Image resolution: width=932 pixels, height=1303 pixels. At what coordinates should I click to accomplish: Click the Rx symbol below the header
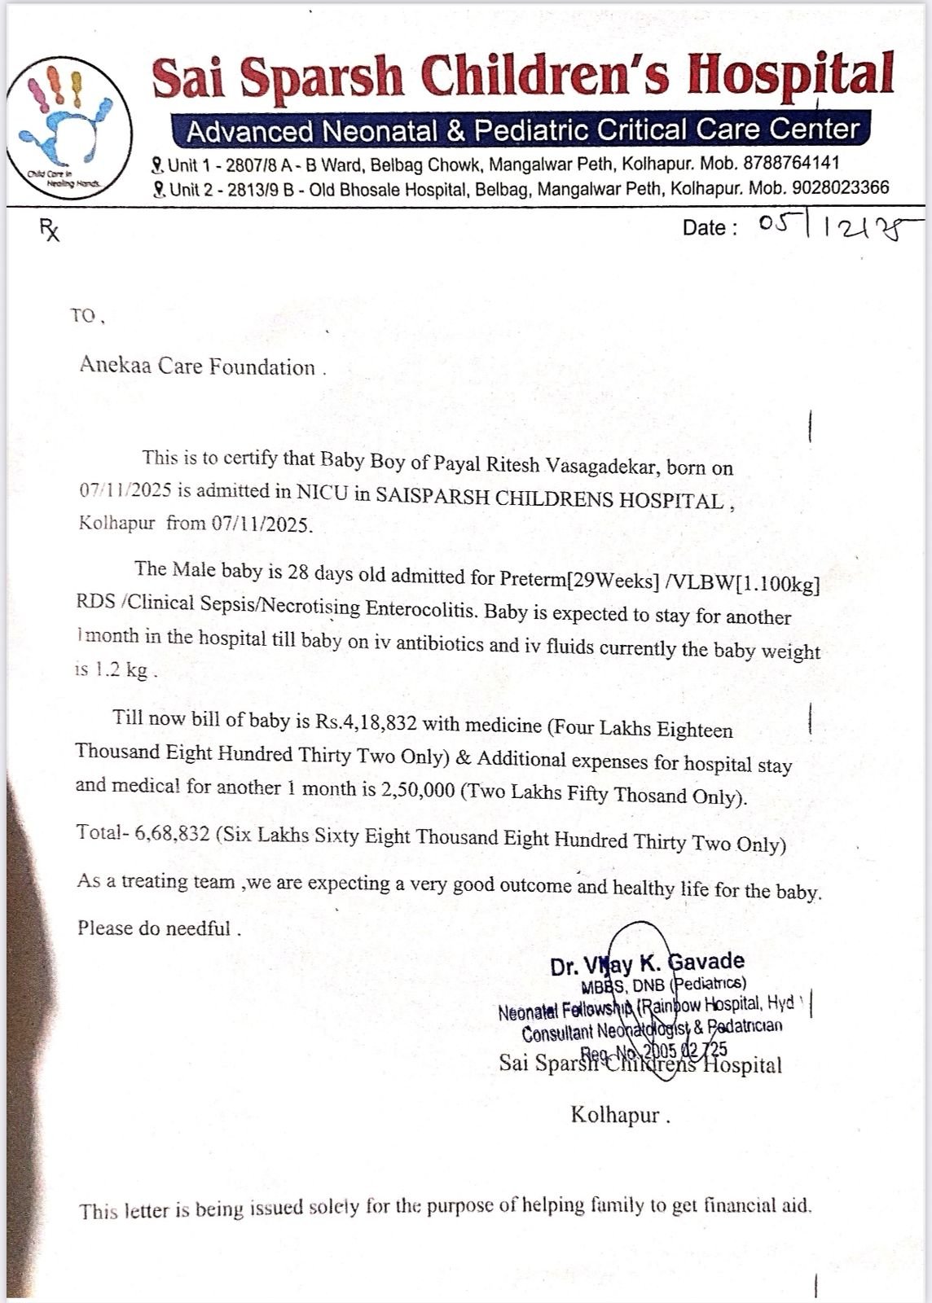click(50, 231)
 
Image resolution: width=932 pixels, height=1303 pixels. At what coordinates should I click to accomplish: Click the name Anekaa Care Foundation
click(197, 366)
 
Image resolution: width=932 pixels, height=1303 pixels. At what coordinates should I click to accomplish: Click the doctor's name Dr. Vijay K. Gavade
click(647, 964)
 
